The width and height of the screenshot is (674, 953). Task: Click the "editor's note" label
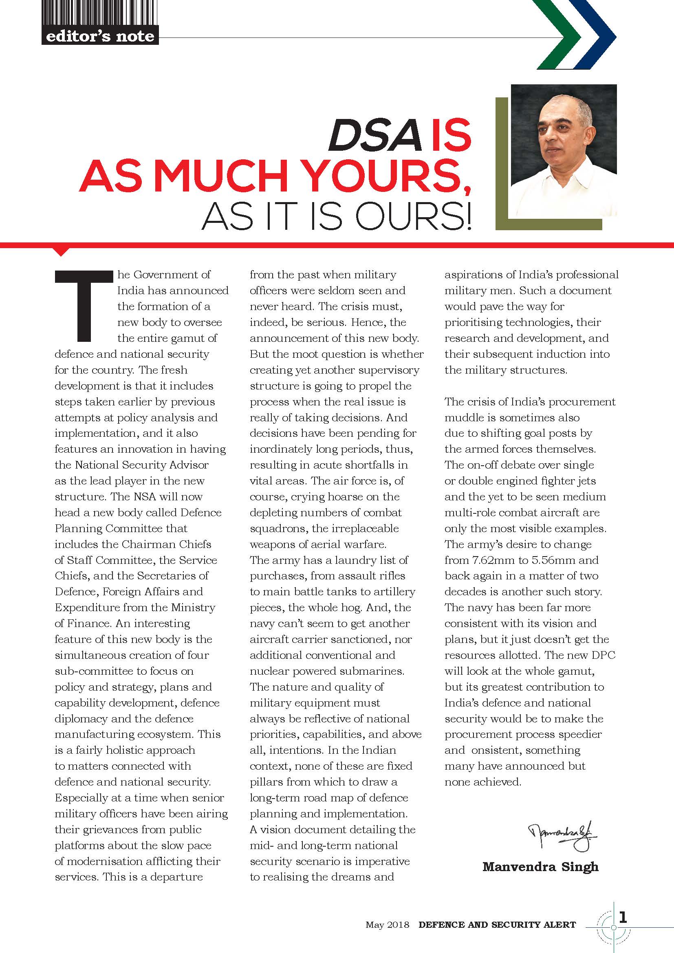(x=100, y=37)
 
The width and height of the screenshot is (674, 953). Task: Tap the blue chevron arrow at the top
(x=598, y=35)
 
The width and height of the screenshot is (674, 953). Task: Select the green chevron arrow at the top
(x=556, y=35)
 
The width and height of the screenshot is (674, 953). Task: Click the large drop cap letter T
(x=84, y=305)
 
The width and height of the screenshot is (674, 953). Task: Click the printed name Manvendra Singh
(x=540, y=866)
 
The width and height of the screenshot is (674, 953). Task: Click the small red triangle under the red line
(x=62, y=251)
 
